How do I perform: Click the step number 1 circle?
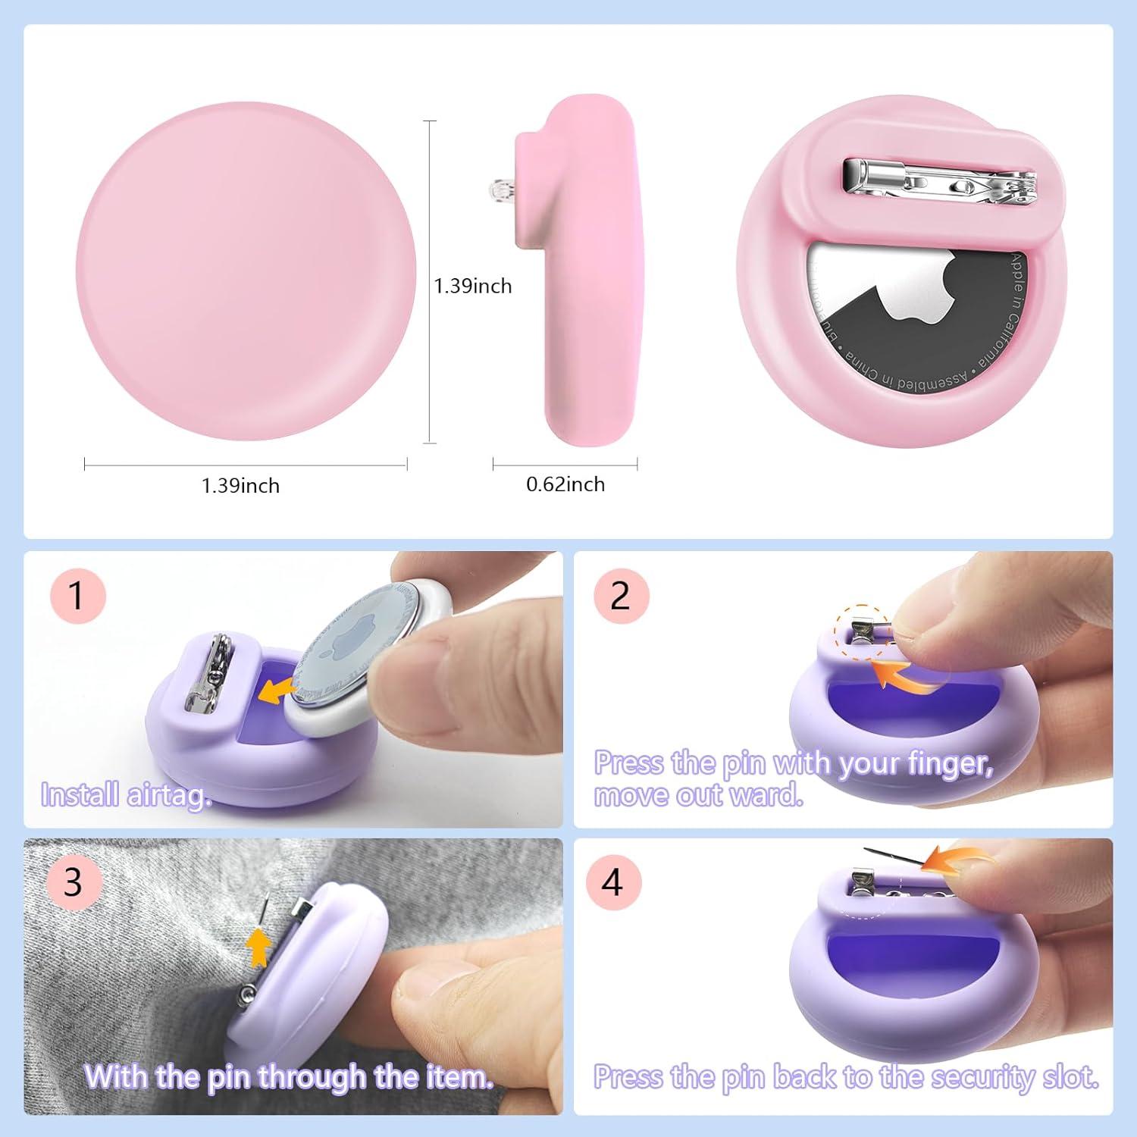point(76,596)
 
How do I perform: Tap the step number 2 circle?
point(621,596)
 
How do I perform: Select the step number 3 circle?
point(73,882)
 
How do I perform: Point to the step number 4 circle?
point(612,882)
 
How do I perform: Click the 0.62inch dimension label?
point(565,484)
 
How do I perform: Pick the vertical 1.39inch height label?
point(473,286)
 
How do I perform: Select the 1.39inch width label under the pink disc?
point(240,486)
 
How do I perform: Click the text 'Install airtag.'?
point(126,795)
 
